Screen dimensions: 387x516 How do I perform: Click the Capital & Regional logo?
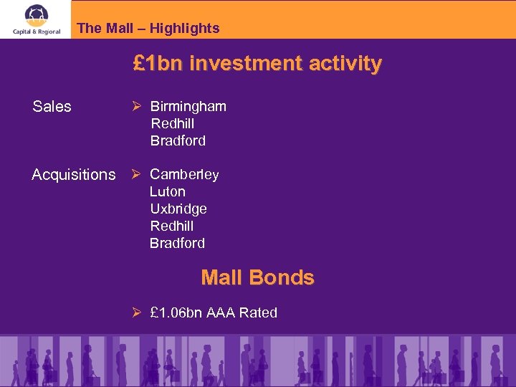click(36, 19)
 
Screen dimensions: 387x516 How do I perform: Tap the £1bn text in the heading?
click(158, 64)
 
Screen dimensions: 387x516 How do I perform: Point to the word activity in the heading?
click(346, 64)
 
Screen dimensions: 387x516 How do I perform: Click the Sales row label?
click(52, 107)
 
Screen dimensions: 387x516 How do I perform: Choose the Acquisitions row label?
click(74, 175)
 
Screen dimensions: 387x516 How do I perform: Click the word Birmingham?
click(188, 107)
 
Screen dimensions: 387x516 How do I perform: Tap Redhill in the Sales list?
click(172, 124)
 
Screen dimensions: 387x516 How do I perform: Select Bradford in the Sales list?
click(178, 141)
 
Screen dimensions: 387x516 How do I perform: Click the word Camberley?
click(184, 175)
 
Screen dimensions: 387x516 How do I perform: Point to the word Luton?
click(168, 192)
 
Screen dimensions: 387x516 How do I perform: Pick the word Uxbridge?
click(178, 209)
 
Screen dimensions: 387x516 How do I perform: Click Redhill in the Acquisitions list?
click(172, 226)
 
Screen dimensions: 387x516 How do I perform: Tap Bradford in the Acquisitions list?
click(177, 244)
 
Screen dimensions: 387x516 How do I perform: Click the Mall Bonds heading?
click(257, 277)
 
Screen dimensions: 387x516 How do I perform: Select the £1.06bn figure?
click(176, 313)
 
